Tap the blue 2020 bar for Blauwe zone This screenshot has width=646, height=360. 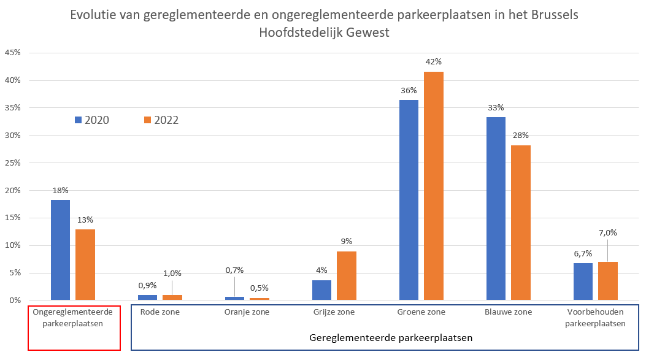click(x=496, y=209)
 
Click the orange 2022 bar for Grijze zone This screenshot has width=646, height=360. click(x=347, y=275)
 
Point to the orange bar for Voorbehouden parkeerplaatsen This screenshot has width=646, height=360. click(x=608, y=281)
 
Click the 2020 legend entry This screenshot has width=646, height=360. click(x=91, y=120)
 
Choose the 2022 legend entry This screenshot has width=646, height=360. click(x=161, y=120)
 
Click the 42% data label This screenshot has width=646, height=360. click(x=434, y=62)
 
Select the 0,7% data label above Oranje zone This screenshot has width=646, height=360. click(x=234, y=270)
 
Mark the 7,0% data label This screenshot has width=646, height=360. click(x=608, y=232)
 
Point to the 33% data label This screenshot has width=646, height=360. click(x=496, y=107)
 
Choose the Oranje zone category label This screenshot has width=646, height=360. click(x=246, y=312)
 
